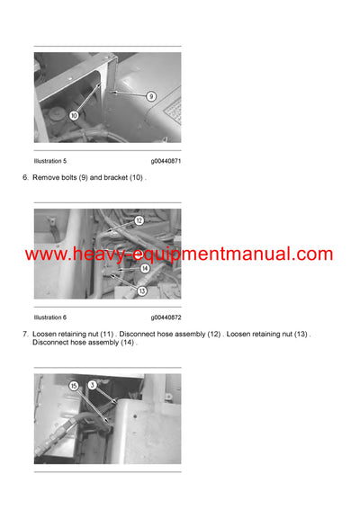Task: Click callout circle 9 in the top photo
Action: click(151, 96)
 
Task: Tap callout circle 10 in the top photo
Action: click(74, 115)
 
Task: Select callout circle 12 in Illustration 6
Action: click(139, 220)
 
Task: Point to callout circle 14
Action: click(144, 268)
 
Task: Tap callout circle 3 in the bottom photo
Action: click(94, 385)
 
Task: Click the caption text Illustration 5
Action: click(50, 160)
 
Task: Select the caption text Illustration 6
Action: click(50, 317)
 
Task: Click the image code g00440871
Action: click(166, 160)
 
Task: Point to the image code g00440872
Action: click(166, 317)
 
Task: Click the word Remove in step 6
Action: click(46, 177)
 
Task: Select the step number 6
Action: click(25, 177)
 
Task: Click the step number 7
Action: click(25, 335)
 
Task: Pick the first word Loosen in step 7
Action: click(46, 335)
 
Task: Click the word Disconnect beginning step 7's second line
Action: click(51, 343)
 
